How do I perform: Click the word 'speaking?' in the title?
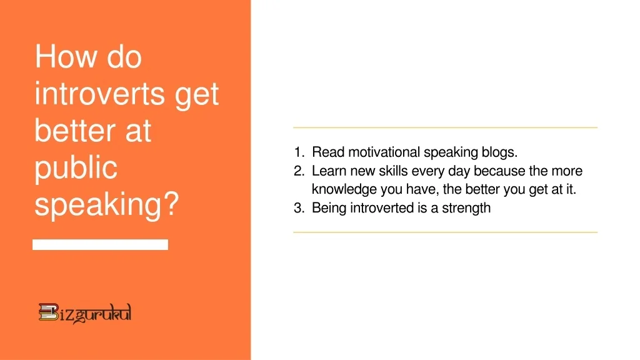106,205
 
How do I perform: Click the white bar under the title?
100,244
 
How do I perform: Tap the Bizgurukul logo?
85,312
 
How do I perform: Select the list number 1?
298,152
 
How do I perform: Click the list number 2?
298,171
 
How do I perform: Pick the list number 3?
298,208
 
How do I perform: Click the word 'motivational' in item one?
384,152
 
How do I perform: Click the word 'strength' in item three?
466,208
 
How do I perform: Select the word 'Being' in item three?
329,208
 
